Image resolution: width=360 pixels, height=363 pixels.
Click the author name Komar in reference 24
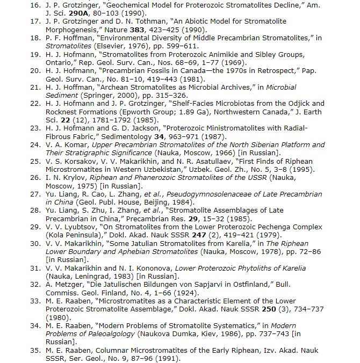coord(69,144)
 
